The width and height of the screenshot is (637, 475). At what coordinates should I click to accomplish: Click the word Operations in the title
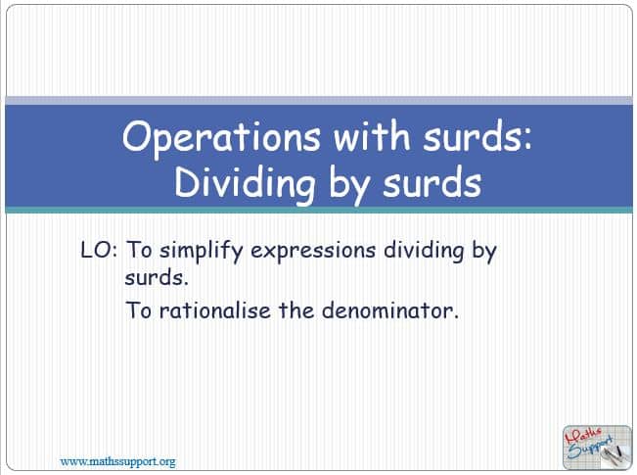pyautogui.click(x=221, y=137)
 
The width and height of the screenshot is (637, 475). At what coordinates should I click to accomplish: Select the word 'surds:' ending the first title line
pyautogui.click(x=478, y=135)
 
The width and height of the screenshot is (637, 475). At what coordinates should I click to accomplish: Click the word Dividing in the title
pyautogui.click(x=245, y=184)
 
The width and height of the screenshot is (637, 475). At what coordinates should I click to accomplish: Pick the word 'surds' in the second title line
pyautogui.click(x=432, y=182)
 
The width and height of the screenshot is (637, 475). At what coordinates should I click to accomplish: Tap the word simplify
pyautogui.click(x=202, y=251)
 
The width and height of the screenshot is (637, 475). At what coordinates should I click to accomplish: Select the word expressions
pyautogui.click(x=313, y=251)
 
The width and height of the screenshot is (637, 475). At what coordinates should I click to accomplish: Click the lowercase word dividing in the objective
pyautogui.click(x=424, y=251)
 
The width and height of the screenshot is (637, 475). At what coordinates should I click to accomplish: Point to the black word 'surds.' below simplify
pyautogui.click(x=157, y=278)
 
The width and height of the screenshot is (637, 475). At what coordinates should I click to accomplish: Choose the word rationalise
pyautogui.click(x=214, y=310)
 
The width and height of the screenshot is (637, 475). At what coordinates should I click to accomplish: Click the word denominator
pyautogui.click(x=390, y=310)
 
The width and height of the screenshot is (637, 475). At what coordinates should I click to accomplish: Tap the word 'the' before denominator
pyautogui.click(x=296, y=310)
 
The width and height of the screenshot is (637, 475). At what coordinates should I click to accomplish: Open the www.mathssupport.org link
pyautogui.click(x=117, y=462)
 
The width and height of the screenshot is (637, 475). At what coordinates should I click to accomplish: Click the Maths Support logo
pyautogui.click(x=597, y=447)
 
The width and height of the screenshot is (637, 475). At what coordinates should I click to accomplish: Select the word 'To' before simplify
pyautogui.click(x=139, y=250)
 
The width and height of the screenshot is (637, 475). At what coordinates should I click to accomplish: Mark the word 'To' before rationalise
pyautogui.click(x=139, y=310)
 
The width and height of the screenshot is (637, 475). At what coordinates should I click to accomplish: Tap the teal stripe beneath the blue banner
pyautogui.click(x=319, y=210)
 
